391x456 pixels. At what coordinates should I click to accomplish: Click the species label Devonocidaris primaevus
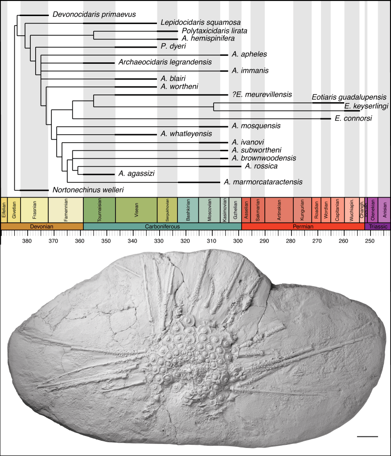pyautogui.click(x=94, y=15)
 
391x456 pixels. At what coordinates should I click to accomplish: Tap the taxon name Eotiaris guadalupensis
pyautogui.click(x=349, y=97)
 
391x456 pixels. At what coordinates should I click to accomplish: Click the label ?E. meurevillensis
pyautogui.click(x=261, y=94)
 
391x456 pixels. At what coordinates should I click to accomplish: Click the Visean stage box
pyautogui.click(x=136, y=210)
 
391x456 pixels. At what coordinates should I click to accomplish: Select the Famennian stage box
pyautogui.click(x=66, y=210)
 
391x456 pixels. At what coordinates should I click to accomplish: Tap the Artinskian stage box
pyautogui.click(x=279, y=210)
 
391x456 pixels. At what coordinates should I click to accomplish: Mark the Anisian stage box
pyautogui.click(x=384, y=210)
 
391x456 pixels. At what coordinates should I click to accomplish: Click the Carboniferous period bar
pyautogui.click(x=162, y=226)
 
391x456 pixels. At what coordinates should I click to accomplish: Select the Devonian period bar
pyautogui.click(x=42, y=226)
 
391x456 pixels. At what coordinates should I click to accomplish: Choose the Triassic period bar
pyautogui.click(x=378, y=226)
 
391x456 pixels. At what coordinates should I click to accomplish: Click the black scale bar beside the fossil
pyautogui.click(x=367, y=436)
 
